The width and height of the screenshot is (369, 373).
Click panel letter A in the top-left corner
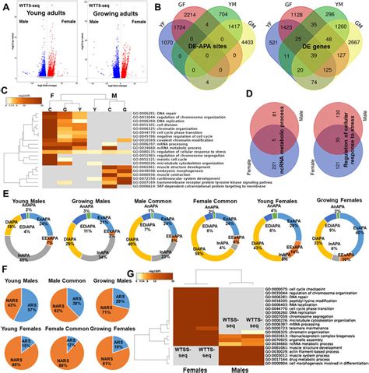pyautogui.click(x=6, y=6)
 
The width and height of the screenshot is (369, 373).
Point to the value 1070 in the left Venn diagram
pyautogui.click(x=166, y=58)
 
